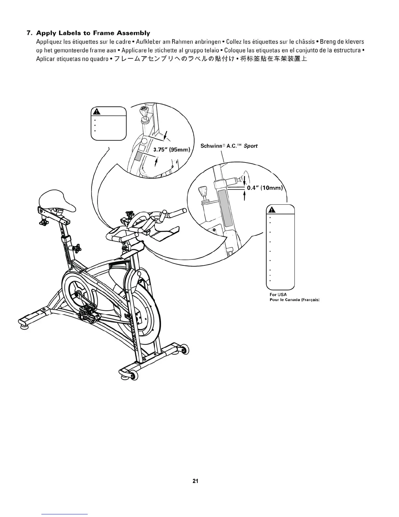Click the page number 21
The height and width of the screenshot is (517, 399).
coord(196,481)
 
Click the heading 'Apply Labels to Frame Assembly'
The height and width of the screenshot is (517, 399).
coord(93,33)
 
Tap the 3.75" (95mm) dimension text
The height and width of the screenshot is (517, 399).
coord(171,150)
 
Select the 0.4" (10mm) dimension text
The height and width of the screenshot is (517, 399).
coord(264,188)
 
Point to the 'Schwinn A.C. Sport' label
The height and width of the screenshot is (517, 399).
coord(229,146)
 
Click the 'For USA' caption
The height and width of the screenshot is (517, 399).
coord(276,294)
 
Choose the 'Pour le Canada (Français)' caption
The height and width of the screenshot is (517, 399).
coord(294,300)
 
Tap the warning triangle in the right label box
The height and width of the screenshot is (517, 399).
coord(272,210)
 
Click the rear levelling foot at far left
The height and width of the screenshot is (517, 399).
coord(24,323)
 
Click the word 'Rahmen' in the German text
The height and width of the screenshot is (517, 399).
coord(183,42)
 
